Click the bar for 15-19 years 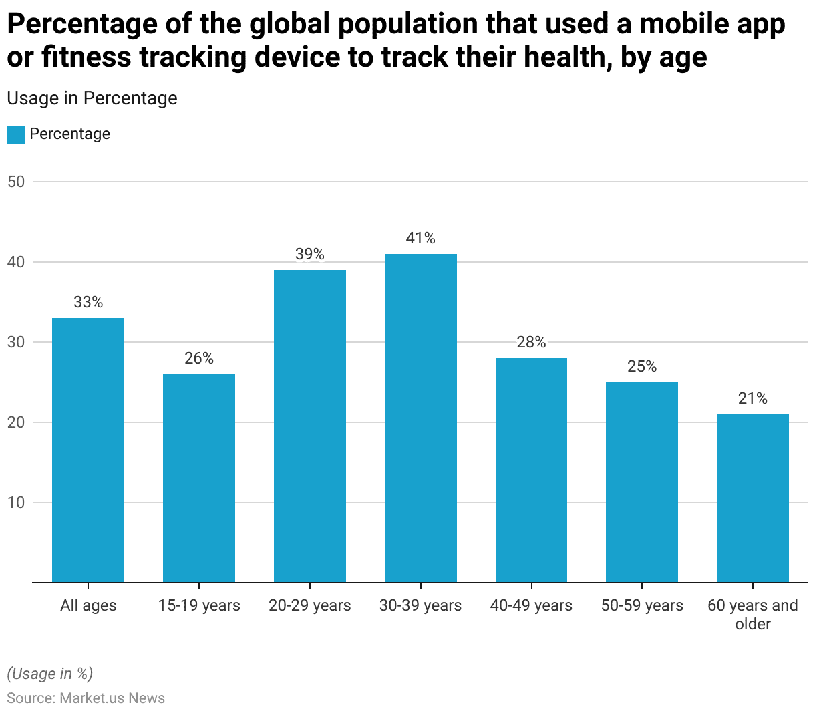199,478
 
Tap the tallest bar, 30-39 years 421,418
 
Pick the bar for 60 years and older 753,498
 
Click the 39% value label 310,254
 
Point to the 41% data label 421,238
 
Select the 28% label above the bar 531,342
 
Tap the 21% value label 753,398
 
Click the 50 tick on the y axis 16,182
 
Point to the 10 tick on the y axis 16,503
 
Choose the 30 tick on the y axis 16,342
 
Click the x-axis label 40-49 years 531,605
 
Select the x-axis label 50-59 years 642,605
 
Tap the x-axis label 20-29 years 310,605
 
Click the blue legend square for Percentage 16,134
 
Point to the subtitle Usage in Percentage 92,98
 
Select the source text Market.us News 112,698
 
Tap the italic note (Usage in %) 50,673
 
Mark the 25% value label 642,366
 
